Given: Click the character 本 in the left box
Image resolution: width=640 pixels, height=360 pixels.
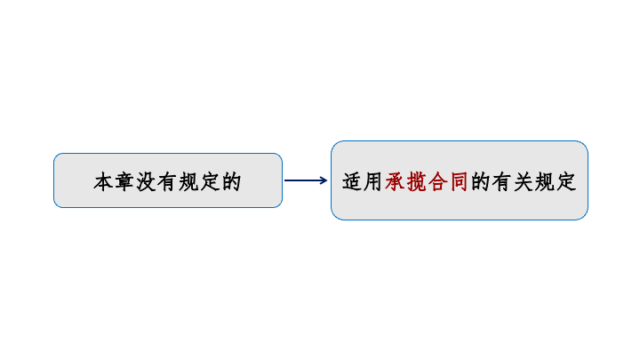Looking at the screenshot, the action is pyautogui.click(x=104, y=181).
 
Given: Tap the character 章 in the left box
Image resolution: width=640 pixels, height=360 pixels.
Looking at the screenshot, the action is pyautogui.click(x=125, y=181).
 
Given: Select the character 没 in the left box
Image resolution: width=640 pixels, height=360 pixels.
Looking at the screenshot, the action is pyautogui.click(x=146, y=181).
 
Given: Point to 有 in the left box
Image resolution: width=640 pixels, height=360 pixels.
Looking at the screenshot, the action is pyautogui.click(x=167, y=181).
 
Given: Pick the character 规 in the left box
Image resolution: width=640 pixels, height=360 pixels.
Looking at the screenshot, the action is pyautogui.click(x=188, y=181).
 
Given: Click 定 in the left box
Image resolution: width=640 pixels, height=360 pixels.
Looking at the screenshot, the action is pyautogui.click(x=210, y=181).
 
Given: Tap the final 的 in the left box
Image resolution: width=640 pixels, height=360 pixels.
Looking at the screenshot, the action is pyautogui.click(x=231, y=181).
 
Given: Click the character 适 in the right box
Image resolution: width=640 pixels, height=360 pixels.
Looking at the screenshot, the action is pyautogui.click(x=352, y=181).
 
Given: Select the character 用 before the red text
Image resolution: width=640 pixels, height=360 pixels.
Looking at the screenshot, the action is pyautogui.click(x=373, y=181).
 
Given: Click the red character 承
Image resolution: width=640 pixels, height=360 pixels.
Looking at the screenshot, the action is pyautogui.click(x=395, y=181).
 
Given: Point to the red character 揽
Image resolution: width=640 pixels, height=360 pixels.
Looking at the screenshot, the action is pyautogui.click(x=416, y=181).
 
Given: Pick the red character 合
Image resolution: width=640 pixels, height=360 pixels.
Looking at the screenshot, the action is pyautogui.click(x=438, y=181).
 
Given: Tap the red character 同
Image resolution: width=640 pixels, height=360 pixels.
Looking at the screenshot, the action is pyautogui.click(x=460, y=181).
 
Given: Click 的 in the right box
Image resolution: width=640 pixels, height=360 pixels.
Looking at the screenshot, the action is pyautogui.click(x=481, y=181).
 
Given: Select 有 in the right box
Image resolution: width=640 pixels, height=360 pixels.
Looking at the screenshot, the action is pyautogui.click(x=502, y=181).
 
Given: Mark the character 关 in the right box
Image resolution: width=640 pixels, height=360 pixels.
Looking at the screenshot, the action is pyautogui.click(x=524, y=181).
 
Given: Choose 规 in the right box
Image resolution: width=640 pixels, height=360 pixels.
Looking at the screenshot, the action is pyautogui.click(x=545, y=181).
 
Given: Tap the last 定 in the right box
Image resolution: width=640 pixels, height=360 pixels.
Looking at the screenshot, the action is pyautogui.click(x=566, y=181).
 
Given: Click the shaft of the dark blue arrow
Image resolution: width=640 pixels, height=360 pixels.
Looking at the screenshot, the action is pyautogui.click(x=303, y=180).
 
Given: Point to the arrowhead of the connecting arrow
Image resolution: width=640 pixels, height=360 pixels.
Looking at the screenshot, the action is pyautogui.click(x=324, y=180).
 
